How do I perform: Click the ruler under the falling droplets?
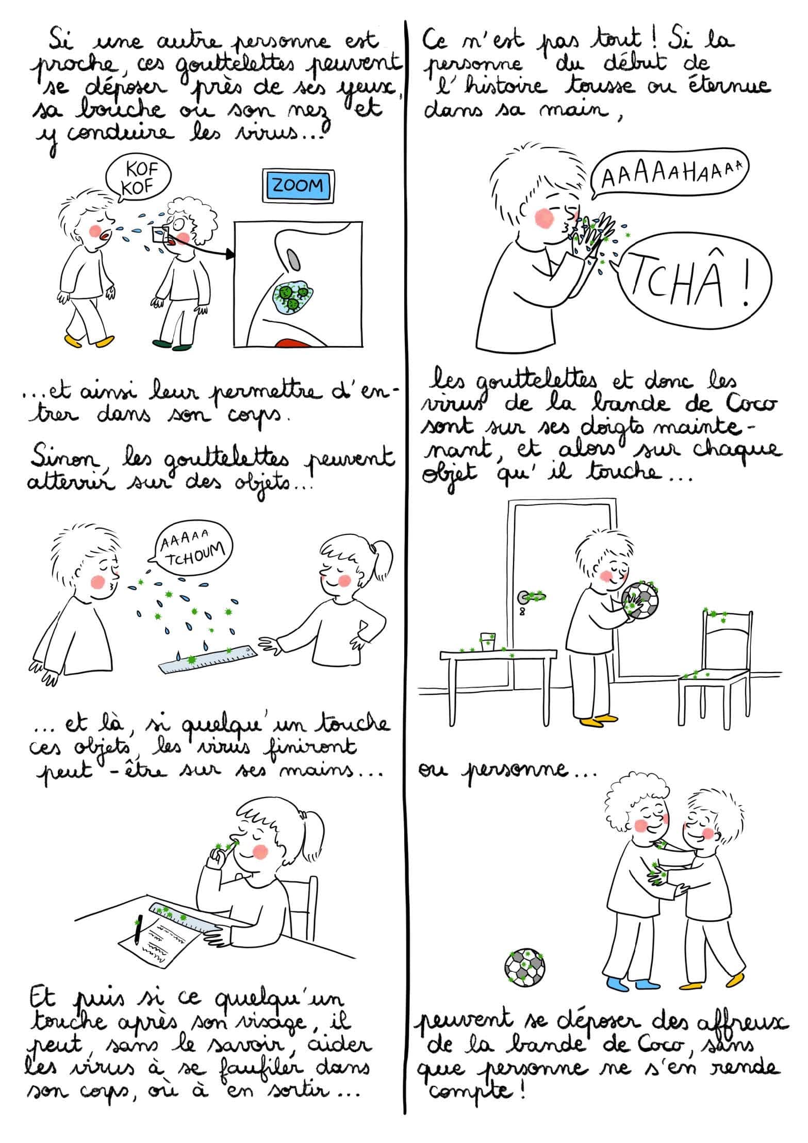click(x=209, y=658)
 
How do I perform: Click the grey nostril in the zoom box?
click(x=293, y=260)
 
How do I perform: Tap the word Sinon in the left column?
click(x=61, y=458)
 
